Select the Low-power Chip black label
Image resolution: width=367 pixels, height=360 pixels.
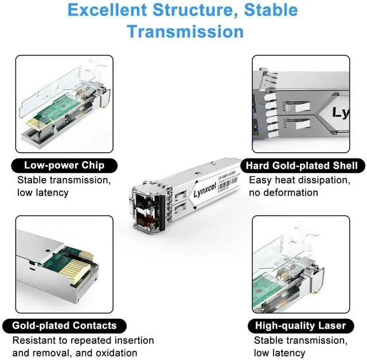tap(64, 166)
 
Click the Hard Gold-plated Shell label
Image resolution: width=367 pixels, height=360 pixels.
tap(302, 166)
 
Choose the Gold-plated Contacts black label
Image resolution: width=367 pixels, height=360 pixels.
tap(64, 326)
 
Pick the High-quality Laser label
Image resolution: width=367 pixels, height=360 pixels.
tap(302, 326)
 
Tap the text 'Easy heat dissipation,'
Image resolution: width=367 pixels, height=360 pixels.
tap(298, 180)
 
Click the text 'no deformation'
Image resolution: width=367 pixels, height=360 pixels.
tap(283, 192)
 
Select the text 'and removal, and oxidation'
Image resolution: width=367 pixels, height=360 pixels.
tap(74, 352)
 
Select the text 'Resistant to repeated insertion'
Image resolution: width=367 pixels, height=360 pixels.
tap(83, 340)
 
